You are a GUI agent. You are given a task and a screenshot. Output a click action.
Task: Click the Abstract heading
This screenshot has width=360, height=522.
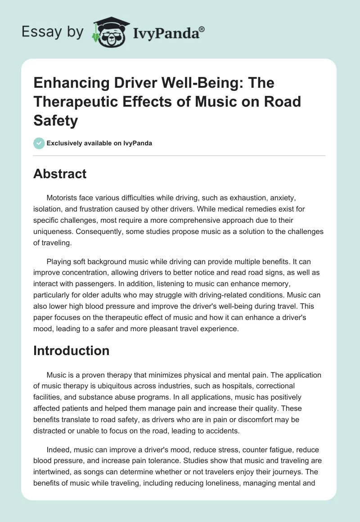60,174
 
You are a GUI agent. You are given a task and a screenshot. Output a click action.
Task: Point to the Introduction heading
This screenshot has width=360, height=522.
71,351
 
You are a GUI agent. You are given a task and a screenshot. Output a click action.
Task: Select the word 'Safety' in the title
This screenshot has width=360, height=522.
56,120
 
